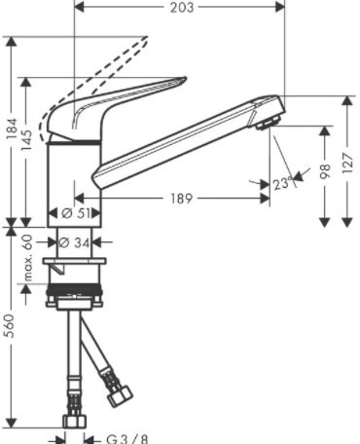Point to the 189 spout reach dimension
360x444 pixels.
click(x=182, y=199)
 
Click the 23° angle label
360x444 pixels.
click(x=283, y=182)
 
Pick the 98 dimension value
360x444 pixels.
click(x=325, y=171)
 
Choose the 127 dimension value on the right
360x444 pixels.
click(x=347, y=161)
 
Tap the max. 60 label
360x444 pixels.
click(x=28, y=257)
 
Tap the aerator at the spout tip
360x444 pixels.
click(x=267, y=124)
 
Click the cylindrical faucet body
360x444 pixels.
click(x=73, y=175)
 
